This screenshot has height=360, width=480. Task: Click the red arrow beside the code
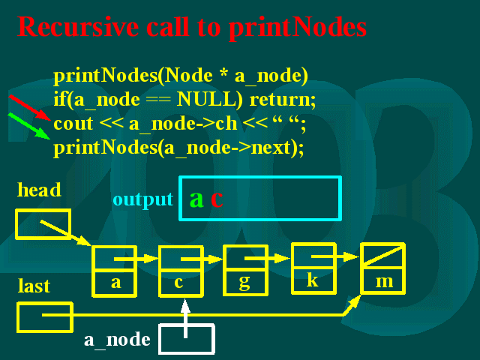point(30,107)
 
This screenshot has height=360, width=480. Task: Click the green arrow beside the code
point(29,126)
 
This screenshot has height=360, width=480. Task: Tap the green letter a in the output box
point(196,199)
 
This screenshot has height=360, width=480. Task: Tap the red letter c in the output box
point(217,199)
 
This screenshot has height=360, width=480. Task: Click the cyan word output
point(143,200)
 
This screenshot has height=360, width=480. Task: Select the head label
point(39,190)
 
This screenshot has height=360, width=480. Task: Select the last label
point(34,286)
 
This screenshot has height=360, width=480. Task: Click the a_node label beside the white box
point(117,340)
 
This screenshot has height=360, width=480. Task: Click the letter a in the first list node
point(116,283)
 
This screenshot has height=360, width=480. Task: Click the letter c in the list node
point(178,283)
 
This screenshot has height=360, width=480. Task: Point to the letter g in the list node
point(244,282)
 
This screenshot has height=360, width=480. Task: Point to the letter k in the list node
point(313,280)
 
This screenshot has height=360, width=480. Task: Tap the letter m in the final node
point(385,282)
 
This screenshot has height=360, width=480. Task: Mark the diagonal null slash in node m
point(383,256)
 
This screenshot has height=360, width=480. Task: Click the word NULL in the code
point(210,99)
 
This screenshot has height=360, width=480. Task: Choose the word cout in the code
point(73,124)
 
